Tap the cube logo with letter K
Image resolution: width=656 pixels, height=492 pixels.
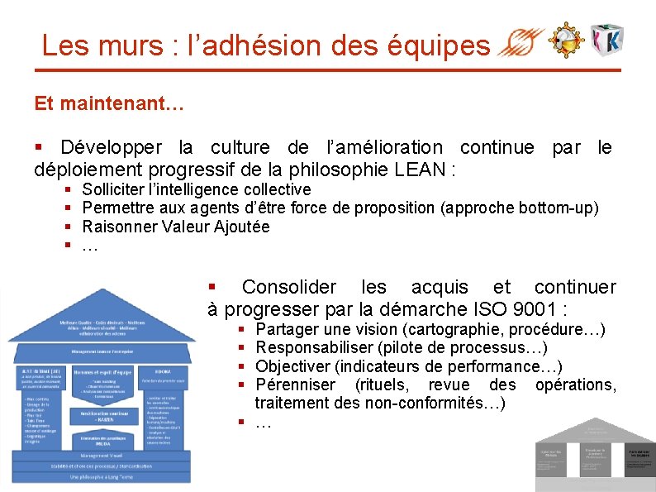606,40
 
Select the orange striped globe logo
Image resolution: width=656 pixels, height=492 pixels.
525,41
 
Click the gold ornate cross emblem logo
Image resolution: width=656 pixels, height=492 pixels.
568,39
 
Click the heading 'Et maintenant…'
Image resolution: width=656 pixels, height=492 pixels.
108,105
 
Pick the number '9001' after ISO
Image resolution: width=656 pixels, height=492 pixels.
532,310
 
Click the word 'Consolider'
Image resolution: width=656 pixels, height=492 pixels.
284,288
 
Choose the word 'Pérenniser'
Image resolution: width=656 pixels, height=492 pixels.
295,385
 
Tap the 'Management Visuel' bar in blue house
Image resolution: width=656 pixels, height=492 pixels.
98,455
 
